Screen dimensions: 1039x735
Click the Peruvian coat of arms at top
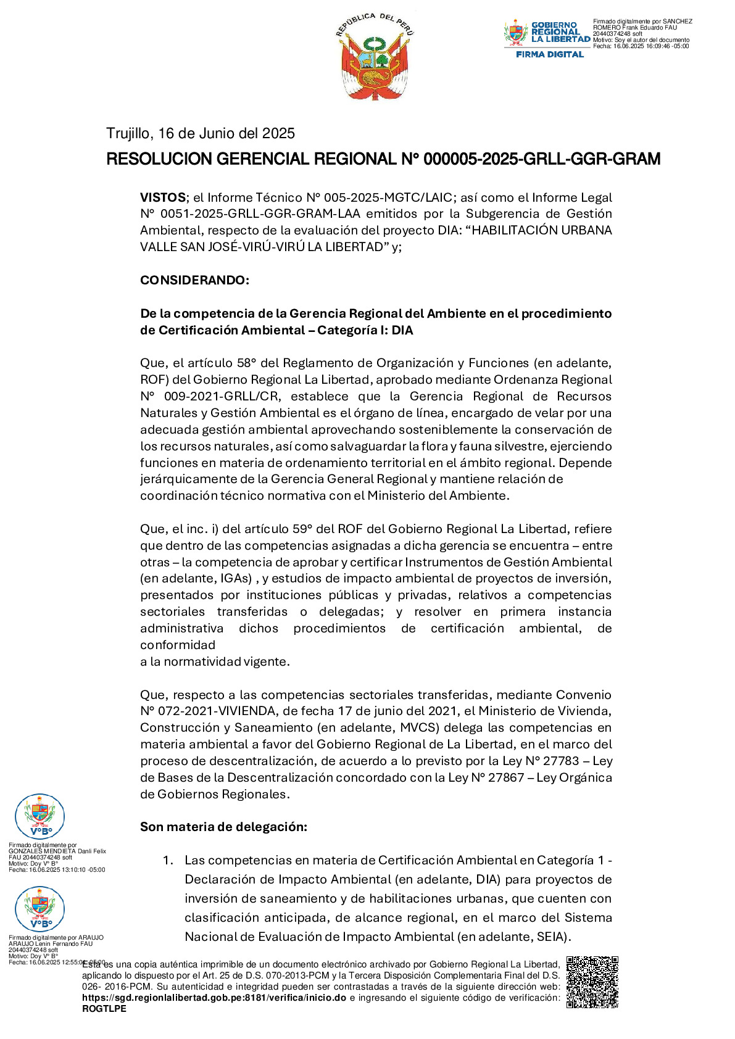tap(375, 56)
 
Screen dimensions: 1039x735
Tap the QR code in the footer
tap(592, 982)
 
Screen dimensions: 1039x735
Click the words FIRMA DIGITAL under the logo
tap(549, 54)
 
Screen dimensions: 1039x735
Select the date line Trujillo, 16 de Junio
tap(201, 133)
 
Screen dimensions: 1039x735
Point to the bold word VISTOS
tap(162, 197)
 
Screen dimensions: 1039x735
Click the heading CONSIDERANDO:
tap(194, 280)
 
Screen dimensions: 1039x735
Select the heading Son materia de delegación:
tap(223, 827)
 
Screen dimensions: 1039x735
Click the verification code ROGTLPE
tap(104, 1009)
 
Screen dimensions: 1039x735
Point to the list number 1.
tap(167, 860)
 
